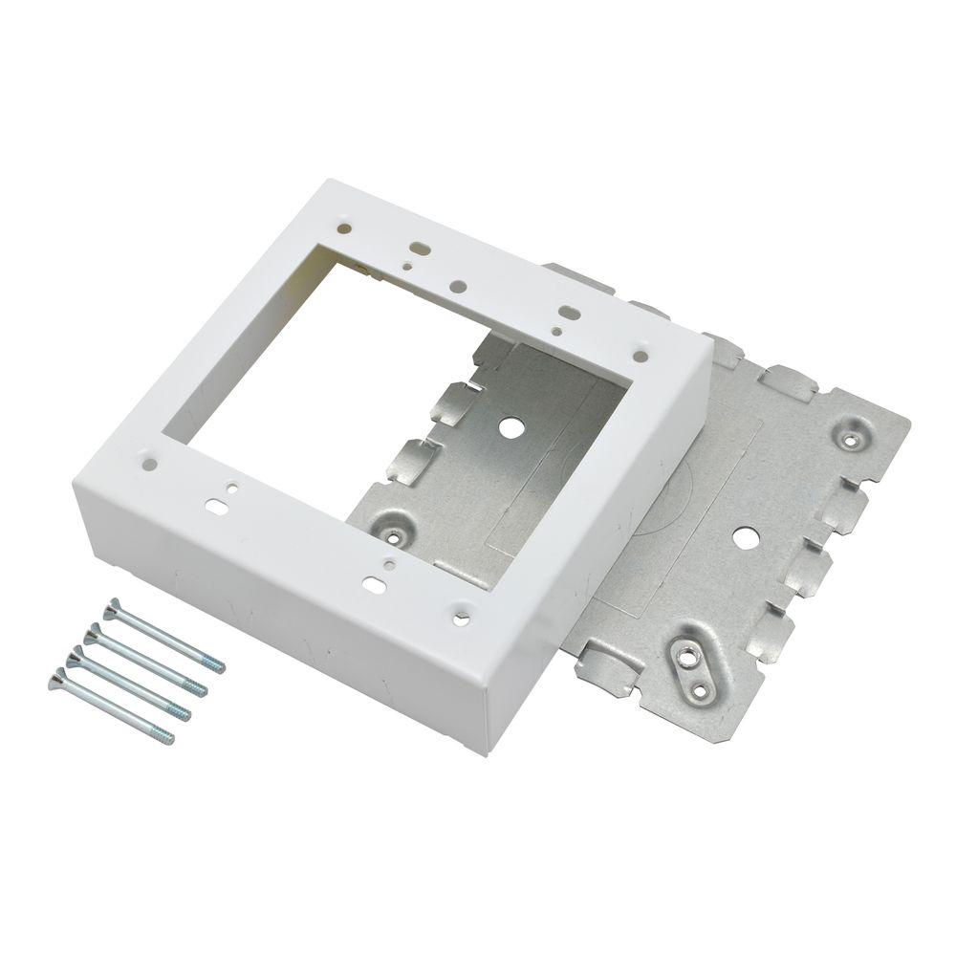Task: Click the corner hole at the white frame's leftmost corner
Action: point(151,465)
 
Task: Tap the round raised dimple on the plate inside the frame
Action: point(395,523)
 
